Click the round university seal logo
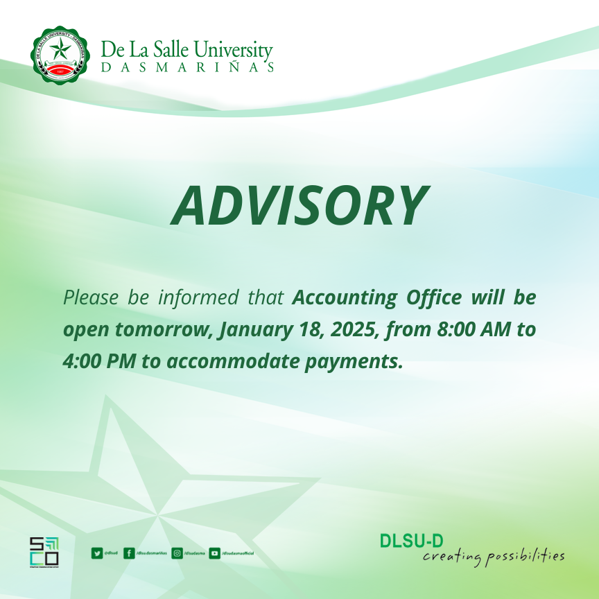click(x=60, y=55)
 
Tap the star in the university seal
click(x=60, y=50)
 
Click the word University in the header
click(x=232, y=50)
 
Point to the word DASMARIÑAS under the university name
click(x=187, y=67)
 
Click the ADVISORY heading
click(x=299, y=206)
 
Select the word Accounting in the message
click(x=342, y=298)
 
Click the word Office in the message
click(x=433, y=298)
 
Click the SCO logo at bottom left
click(x=44, y=551)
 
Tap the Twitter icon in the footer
click(x=96, y=553)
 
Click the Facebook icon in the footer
click(x=129, y=553)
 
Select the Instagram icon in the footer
click(x=177, y=553)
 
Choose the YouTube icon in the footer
click(x=215, y=553)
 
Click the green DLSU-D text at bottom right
click(x=411, y=540)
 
